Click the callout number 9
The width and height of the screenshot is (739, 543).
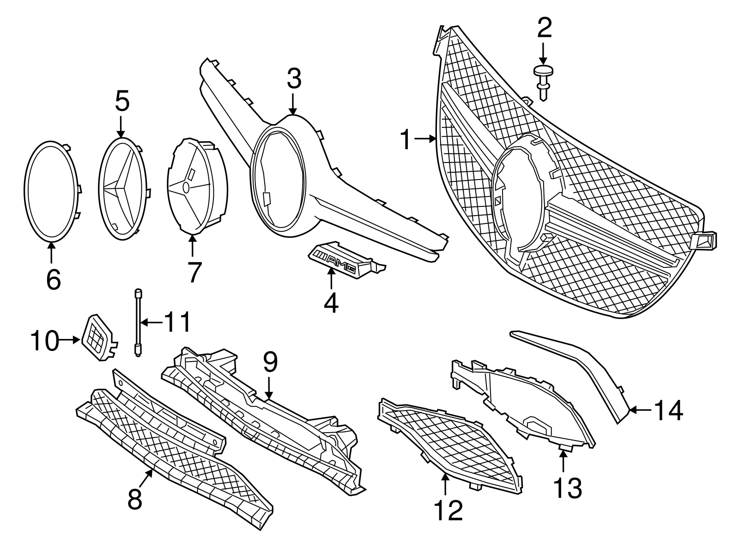tap(270, 363)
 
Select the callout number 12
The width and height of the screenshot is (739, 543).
tap(448, 510)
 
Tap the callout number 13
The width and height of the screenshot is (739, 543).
tap(568, 488)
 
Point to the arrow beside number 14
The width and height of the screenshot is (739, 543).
tap(640, 409)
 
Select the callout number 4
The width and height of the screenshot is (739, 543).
tap(331, 303)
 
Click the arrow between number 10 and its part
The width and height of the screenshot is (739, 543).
tap(70, 340)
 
